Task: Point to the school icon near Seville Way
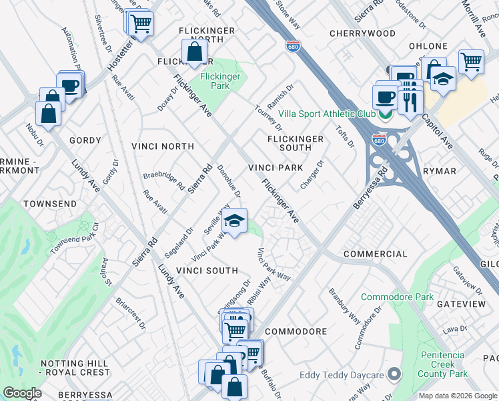coord(234,221)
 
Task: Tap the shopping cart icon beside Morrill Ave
coord(471,61)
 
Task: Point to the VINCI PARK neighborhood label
coord(276,168)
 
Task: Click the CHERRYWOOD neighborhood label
coord(362,33)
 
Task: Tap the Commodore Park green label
coord(397,297)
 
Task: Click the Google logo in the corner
coord(22,393)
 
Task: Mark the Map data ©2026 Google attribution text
coord(457,395)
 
